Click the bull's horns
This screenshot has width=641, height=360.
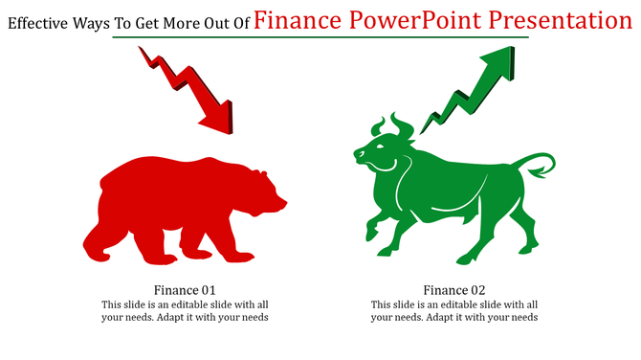(x=392, y=124)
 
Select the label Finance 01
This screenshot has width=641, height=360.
(x=185, y=290)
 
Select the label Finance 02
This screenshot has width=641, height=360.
(x=454, y=290)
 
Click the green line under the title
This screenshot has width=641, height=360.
(x=320, y=38)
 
